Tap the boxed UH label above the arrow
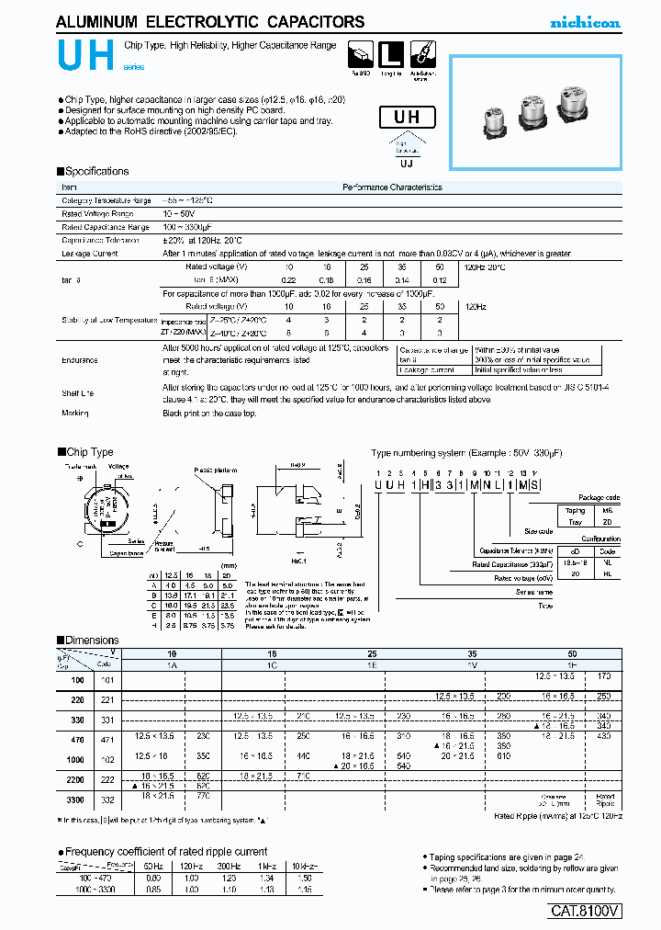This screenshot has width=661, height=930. pos(407,117)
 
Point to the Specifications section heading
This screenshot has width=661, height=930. pos(95,172)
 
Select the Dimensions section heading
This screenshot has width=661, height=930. pos(89,640)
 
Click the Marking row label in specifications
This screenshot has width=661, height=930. pos(75,414)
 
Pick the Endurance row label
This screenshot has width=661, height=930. pos(80,361)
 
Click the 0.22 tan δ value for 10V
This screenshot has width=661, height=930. pos(288,279)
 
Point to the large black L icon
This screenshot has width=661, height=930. pos(392,52)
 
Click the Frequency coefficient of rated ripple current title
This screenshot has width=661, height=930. pos(165,851)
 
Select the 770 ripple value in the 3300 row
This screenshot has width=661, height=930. pos(203,801)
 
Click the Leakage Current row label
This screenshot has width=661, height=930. pos(89,253)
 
